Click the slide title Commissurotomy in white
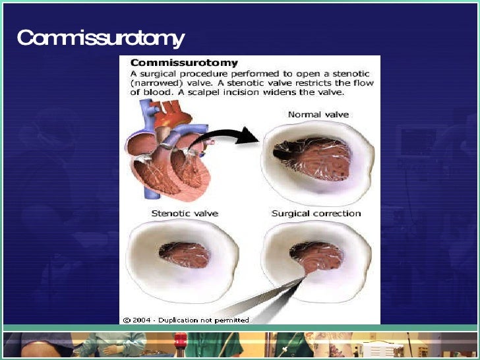click(x=100, y=38)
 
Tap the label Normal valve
click(x=318, y=115)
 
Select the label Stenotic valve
click(x=185, y=214)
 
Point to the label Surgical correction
click(x=316, y=214)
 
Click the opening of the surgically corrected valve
click(x=316, y=255)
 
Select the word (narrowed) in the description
click(x=154, y=84)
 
